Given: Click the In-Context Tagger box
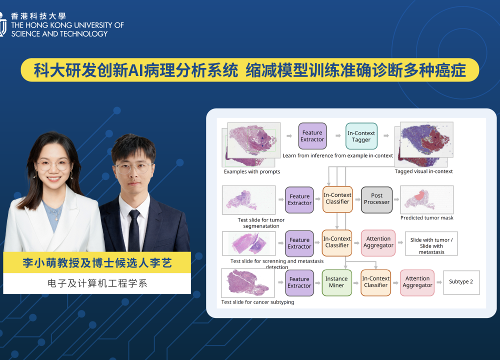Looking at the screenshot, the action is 361,136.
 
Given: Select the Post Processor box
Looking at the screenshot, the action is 376,200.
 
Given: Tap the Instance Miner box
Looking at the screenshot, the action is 336,283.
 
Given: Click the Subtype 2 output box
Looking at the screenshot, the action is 461,282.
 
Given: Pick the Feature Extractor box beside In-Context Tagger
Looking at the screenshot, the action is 312,136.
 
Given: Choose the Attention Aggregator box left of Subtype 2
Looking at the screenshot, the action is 417,283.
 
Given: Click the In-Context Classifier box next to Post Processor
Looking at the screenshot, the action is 337,199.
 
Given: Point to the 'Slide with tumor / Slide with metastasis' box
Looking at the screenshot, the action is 431,243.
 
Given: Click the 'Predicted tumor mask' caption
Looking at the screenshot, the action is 426,218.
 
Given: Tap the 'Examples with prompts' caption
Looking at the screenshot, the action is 252,171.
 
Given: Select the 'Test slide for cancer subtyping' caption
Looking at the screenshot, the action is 257,302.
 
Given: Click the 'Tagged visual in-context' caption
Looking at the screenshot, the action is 423,171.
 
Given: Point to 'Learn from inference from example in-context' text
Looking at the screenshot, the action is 337,155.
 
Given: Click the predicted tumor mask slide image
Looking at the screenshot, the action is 426,200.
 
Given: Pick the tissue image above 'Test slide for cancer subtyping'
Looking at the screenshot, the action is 248,283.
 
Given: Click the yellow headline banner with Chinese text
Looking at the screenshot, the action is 250,70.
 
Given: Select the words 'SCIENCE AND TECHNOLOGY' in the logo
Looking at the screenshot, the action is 59,34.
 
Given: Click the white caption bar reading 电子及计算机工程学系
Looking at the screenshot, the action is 97,283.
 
